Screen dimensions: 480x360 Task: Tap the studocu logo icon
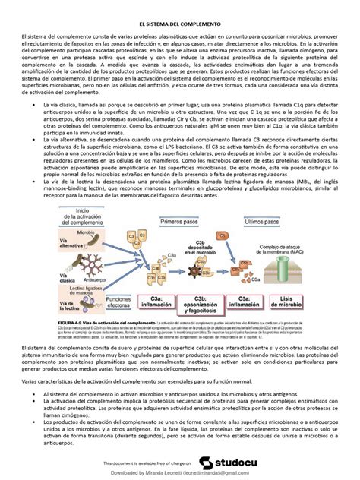(207, 462)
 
